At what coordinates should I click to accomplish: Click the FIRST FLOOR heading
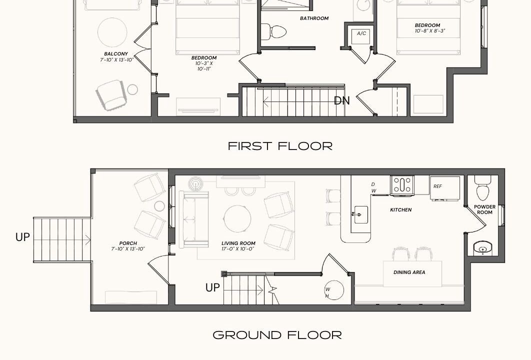click(280, 146)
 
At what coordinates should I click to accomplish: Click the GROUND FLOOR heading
click(277, 335)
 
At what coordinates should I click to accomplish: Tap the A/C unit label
click(361, 33)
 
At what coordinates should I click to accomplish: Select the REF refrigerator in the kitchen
click(444, 187)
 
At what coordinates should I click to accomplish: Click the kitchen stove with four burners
click(402, 185)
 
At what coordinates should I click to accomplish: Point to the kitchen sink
click(361, 214)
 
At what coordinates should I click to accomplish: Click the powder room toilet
click(482, 188)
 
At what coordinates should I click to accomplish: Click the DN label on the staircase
click(341, 100)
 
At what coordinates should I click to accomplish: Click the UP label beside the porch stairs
click(22, 237)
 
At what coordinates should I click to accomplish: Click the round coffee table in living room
click(237, 219)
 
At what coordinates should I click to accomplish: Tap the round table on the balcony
click(112, 32)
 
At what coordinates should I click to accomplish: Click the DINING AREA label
click(409, 272)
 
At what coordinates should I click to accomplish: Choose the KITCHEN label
click(401, 209)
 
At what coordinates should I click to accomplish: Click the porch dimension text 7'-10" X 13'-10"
click(128, 248)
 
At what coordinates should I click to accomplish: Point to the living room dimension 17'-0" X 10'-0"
click(238, 248)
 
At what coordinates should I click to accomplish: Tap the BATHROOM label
click(314, 18)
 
